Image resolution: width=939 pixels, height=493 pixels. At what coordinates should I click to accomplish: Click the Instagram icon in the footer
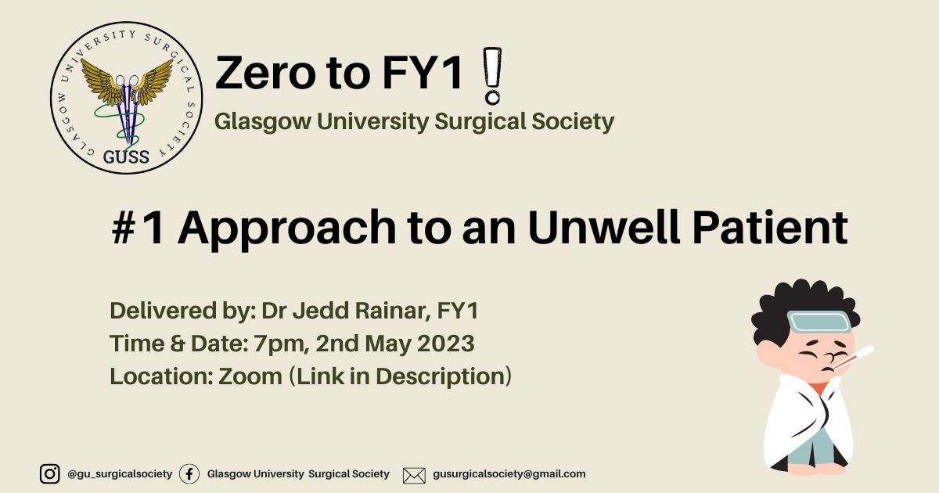[49, 473]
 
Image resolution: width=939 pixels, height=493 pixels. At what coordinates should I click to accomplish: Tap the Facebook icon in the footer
[189, 474]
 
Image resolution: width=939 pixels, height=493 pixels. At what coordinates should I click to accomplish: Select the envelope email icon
[414, 476]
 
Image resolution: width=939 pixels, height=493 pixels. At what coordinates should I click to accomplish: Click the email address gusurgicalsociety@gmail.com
[509, 473]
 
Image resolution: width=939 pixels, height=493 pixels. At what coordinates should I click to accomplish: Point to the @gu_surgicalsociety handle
[120, 473]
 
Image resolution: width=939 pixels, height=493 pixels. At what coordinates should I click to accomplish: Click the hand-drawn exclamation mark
[492, 76]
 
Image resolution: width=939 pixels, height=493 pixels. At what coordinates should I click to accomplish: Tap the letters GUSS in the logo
[126, 157]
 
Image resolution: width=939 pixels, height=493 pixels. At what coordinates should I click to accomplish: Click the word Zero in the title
[265, 73]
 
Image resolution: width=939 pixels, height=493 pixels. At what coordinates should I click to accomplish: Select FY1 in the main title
[423, 73]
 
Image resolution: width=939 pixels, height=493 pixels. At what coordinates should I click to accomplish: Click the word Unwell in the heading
[603, 227]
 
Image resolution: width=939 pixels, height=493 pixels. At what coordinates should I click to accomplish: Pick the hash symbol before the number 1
[124, 228]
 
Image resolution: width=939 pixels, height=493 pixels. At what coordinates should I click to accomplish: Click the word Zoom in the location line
[250, 376]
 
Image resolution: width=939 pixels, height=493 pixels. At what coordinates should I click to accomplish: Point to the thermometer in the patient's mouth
[854, 357]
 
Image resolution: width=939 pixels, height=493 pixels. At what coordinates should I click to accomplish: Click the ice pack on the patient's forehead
[819, 322]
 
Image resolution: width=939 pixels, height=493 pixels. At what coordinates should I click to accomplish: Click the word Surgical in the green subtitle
[480, 122]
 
